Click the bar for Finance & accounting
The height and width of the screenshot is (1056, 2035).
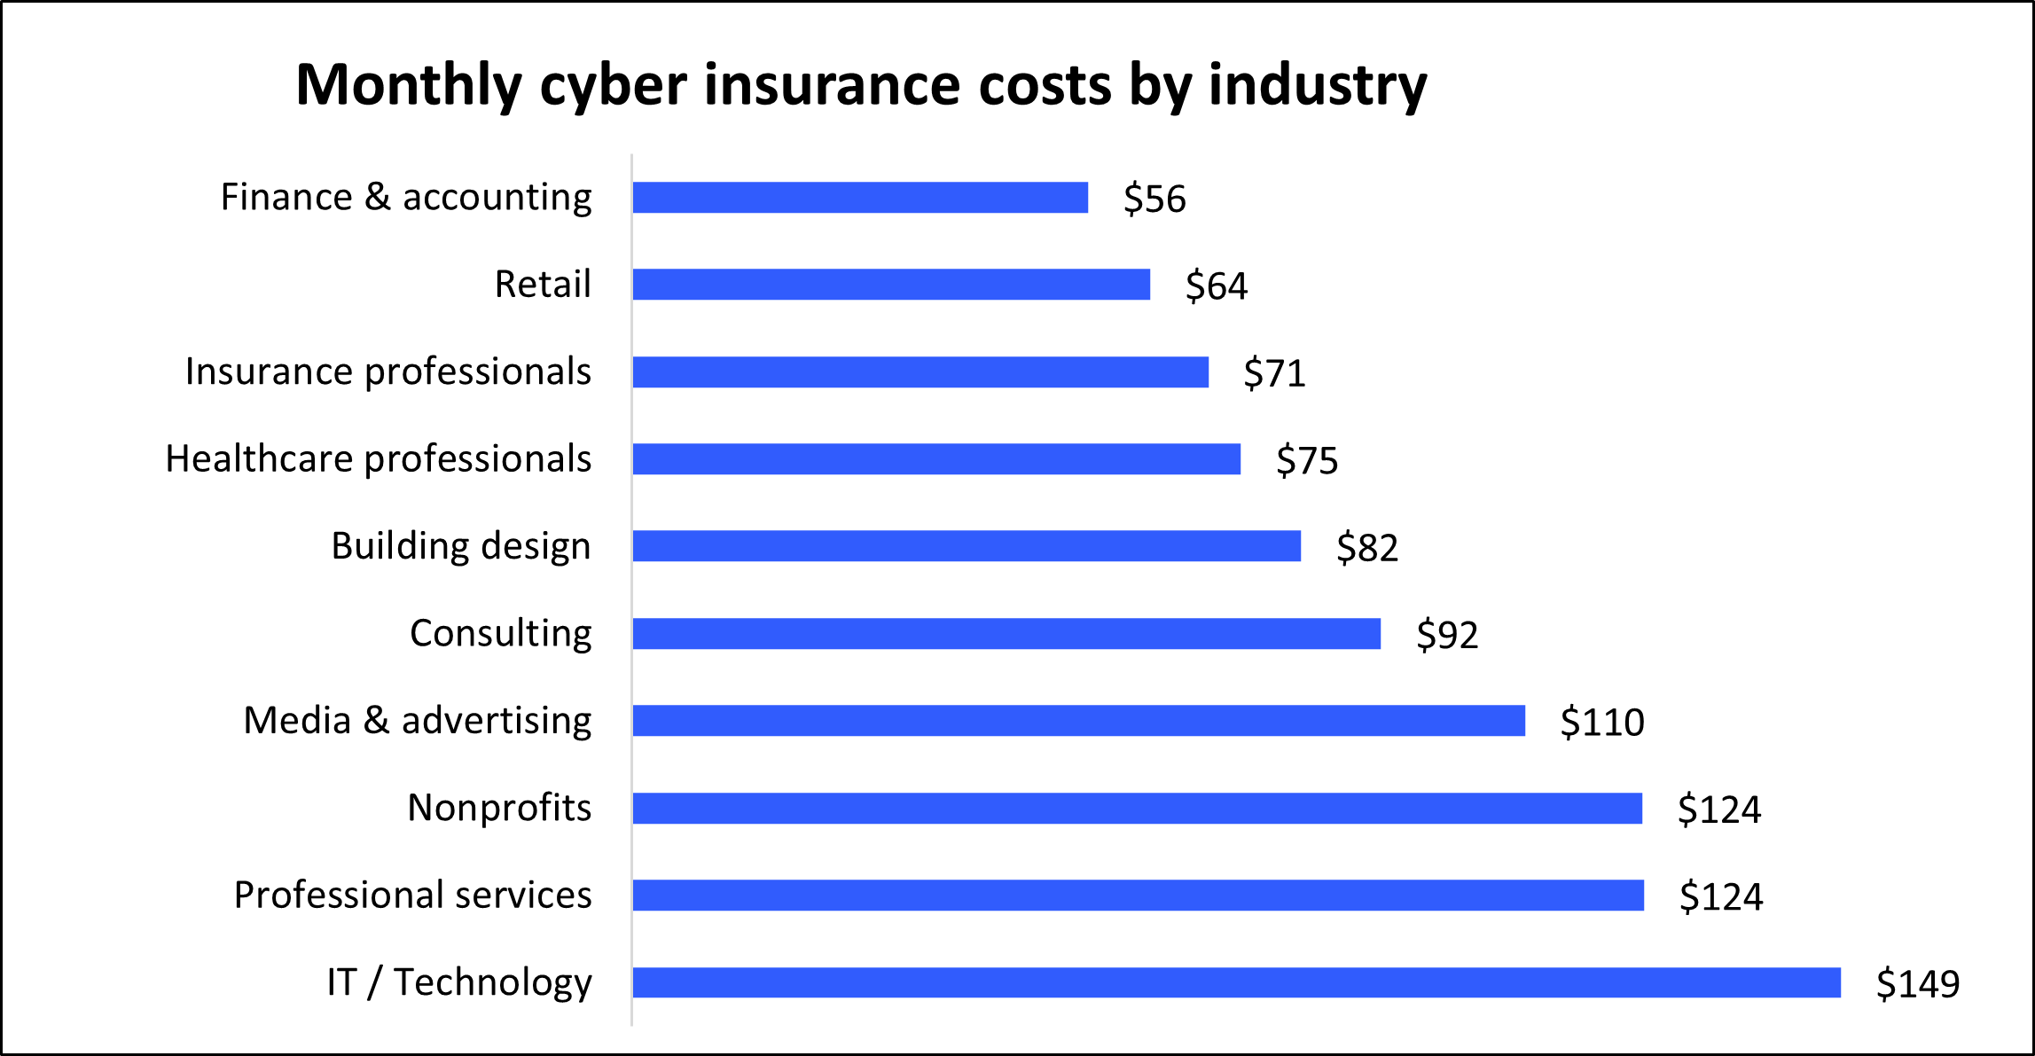coord(860,198)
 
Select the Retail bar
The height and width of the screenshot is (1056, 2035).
coord(891,285)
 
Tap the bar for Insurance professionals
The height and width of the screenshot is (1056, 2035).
coord(920,372)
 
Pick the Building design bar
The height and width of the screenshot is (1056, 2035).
coord(967,546)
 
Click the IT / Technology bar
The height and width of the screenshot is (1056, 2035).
coord(1236,982)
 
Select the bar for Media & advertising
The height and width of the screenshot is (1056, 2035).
coord(1078,721)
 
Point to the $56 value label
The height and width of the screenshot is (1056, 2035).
coord(1154,199)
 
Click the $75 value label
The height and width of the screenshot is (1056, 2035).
coord(1306,460)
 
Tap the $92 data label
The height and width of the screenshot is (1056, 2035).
coord(1446,635)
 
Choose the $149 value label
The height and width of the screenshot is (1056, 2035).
coord(1917,983)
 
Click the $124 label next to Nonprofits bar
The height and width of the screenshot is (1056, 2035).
coord(1718,810)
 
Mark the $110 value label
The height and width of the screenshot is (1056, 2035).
coord(1601,723)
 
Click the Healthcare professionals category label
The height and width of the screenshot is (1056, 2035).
coord(379,459)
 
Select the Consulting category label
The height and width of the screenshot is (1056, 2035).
coord(500,634)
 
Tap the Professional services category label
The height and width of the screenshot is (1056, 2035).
coord(412,896)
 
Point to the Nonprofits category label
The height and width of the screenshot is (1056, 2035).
coord(498,808)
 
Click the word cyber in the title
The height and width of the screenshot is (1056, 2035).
coord(613,86)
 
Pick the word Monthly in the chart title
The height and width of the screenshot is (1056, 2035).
coord(409,86)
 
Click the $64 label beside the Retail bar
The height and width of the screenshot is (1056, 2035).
coord(1216,286)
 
